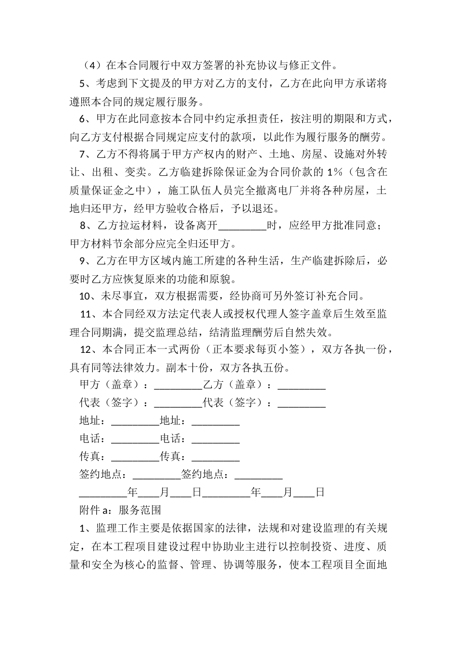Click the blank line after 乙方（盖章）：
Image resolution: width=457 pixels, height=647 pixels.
tap(302, 385)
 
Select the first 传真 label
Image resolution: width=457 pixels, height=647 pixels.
tap(90, 456)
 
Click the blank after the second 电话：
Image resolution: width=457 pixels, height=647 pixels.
tap(216, 439)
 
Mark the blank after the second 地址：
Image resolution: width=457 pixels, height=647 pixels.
tap(216, 421)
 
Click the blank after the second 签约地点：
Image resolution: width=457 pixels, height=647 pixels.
tap(258, 475)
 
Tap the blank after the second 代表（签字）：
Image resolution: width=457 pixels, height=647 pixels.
tap(302, 403)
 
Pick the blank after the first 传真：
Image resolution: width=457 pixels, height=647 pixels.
tap(135, 457)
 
